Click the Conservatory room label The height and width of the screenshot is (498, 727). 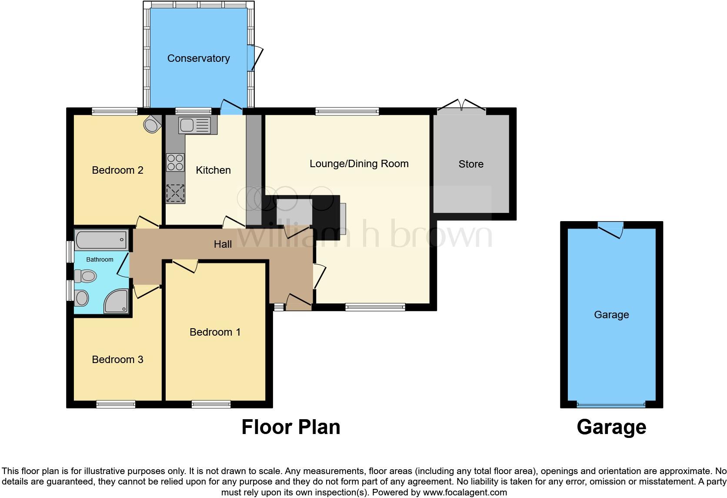pos(198,58)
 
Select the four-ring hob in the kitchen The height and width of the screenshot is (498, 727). pos(175,162)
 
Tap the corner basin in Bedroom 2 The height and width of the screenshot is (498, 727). pos(151,124)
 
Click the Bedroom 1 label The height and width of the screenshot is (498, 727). pos(215,332)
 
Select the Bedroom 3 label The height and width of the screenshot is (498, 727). pos(117,360)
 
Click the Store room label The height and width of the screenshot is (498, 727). pos(471,164)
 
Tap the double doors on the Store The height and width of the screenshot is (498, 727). pos(462,105)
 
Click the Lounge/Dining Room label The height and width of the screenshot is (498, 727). pos(359,164)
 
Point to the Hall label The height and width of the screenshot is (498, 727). pos(223,244)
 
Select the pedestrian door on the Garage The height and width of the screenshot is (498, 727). pos(610,229)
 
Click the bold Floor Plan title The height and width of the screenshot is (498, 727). pos(290,427)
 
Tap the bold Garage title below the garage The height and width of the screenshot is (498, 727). pos(611,427)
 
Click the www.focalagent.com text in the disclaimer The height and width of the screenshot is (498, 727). pos(465,492)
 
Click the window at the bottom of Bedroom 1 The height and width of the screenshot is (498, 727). pos(211,404)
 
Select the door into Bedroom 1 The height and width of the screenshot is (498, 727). pos(184,265)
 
